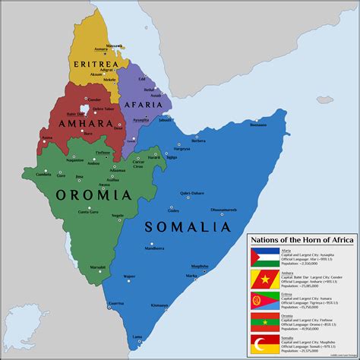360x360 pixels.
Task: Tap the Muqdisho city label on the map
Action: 200,266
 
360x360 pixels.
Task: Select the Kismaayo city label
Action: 159,305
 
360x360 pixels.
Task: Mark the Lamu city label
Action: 137,336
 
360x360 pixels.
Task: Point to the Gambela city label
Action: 32,173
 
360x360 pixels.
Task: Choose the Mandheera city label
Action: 154,248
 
